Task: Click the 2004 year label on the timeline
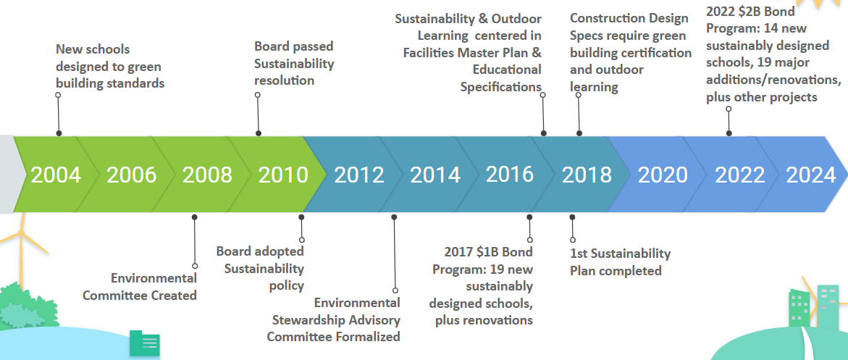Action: point(56,175)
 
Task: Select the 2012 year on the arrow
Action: point(359,175)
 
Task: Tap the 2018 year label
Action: point(587,175)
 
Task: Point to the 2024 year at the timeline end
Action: point(811,175)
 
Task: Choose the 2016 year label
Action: point(509,175)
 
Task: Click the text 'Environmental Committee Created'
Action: point(140,287)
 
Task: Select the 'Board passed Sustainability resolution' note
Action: point(294,63)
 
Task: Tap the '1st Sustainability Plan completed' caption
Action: point(621,262)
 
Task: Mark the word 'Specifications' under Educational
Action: point(501,87)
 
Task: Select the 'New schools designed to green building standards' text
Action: point(110,67)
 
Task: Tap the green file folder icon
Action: point(144,343)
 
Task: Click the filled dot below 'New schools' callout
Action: point(59,133)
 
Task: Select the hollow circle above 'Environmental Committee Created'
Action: point(195,266)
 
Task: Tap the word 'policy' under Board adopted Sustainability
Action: point(287,285)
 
